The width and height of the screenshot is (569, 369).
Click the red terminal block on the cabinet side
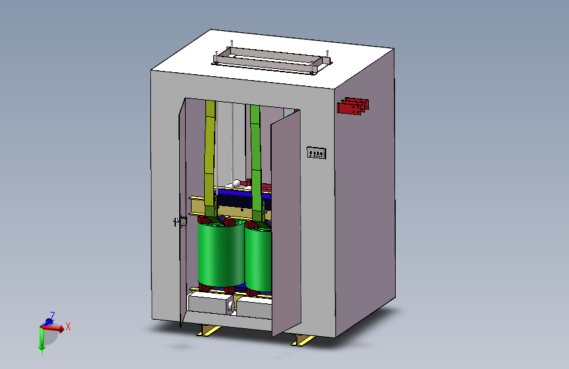352,106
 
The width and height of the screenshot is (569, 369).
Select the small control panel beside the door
317,154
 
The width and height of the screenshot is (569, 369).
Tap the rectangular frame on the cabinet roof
272,60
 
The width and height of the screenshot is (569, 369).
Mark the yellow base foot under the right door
303,340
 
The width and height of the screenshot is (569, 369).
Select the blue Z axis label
52,315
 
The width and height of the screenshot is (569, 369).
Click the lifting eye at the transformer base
230,305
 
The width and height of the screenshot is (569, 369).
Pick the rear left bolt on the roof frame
232,44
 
